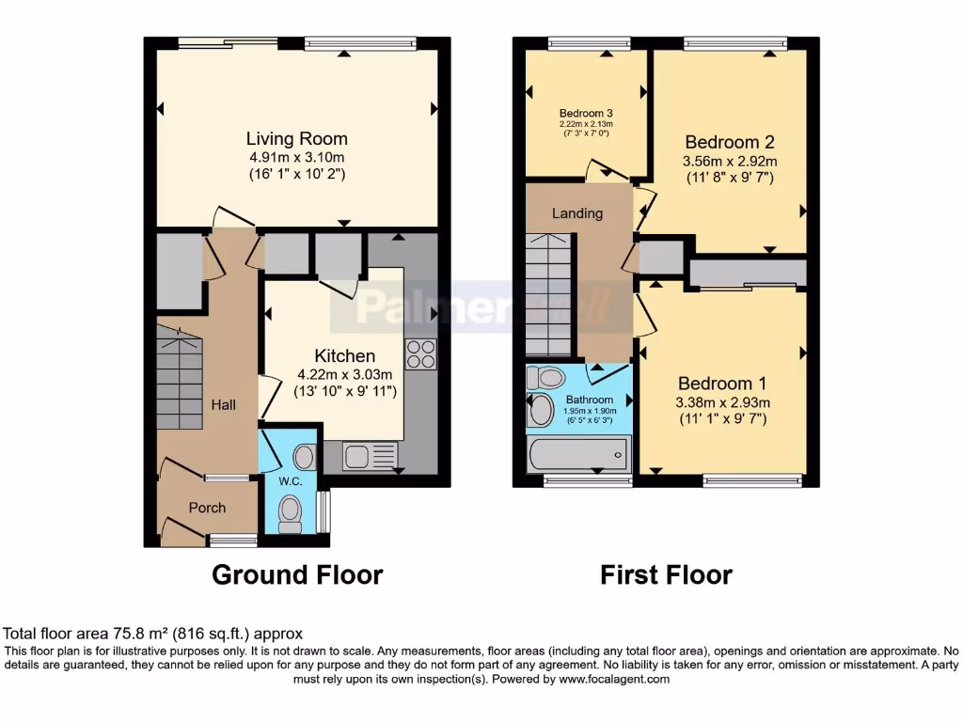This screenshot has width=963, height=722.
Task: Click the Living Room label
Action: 296,139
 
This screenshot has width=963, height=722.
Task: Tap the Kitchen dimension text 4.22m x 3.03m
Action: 343,374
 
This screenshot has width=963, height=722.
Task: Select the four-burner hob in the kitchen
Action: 420,353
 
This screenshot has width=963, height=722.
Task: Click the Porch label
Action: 207,508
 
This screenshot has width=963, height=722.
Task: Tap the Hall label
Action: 223,405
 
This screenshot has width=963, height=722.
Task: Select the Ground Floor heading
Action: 297,574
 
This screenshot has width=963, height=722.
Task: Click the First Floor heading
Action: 666,574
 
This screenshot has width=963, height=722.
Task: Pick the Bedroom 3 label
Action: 586,114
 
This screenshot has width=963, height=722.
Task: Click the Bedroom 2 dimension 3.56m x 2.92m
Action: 729,161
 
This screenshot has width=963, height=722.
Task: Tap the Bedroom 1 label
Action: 722,384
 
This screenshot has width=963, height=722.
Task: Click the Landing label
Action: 576,213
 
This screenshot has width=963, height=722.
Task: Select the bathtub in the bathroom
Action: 578,456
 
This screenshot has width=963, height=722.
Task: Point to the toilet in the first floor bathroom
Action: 545,378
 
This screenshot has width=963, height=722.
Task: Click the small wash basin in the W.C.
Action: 304,457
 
